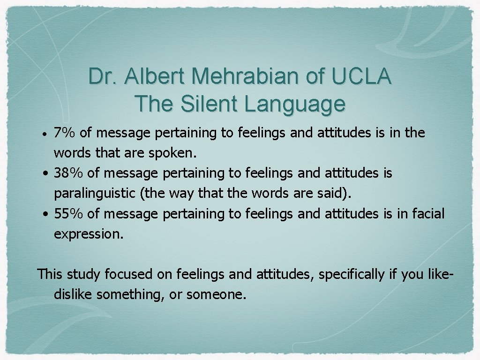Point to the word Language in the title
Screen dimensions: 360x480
coord(294,104)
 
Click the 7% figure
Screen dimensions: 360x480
coord(65,133)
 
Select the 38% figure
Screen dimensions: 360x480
coord(69,173)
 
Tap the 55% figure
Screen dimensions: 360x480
coord(69,214)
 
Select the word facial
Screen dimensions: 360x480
coord(428,214)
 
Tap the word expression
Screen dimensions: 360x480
coord(89,234)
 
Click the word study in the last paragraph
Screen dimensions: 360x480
coord(84,274)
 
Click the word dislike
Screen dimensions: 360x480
coord(73,294)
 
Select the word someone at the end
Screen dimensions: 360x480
coord(216,294)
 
